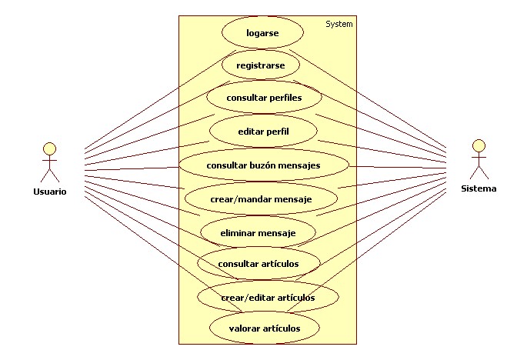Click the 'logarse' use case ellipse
coord(262,33)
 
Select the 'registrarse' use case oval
coord(261,65)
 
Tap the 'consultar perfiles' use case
coord(264,98)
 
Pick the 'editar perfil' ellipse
coord(263,132)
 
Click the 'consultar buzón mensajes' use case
coord(264,165)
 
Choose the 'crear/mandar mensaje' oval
coord(261,198)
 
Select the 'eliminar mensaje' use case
coord(258,231)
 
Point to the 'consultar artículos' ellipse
coord(258,264)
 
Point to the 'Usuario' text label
coord(50,192)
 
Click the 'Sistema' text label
coord(479,188)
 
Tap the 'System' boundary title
coord(339,24)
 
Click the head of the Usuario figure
coord(50,148)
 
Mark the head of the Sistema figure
coord(479,145)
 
